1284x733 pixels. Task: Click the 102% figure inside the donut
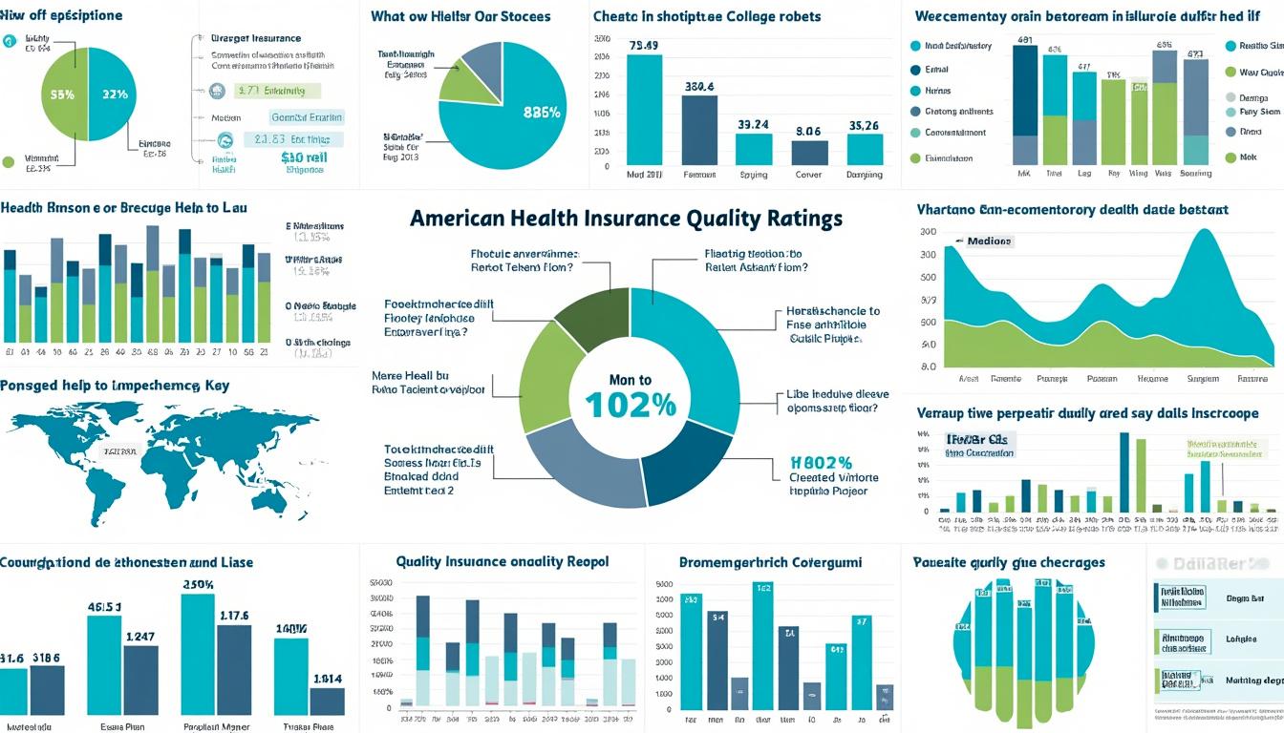(x=631, y=405)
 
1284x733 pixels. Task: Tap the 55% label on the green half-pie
(x=62, y=94)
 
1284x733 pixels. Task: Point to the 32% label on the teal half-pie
(x=115, y=94)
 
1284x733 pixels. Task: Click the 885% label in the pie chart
(x=542, y=112)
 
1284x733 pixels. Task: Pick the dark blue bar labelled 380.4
(x=699, y=129)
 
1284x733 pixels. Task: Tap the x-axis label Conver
(x=809, y=176)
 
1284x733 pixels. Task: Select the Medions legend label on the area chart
(x=989, y=241)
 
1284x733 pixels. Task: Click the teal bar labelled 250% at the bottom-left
(x=198, y=654)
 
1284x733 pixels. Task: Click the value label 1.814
(x=327, y=679)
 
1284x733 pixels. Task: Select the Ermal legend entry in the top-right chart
(x=936, y=69)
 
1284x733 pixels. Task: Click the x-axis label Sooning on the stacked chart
(x=1195, y=174)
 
